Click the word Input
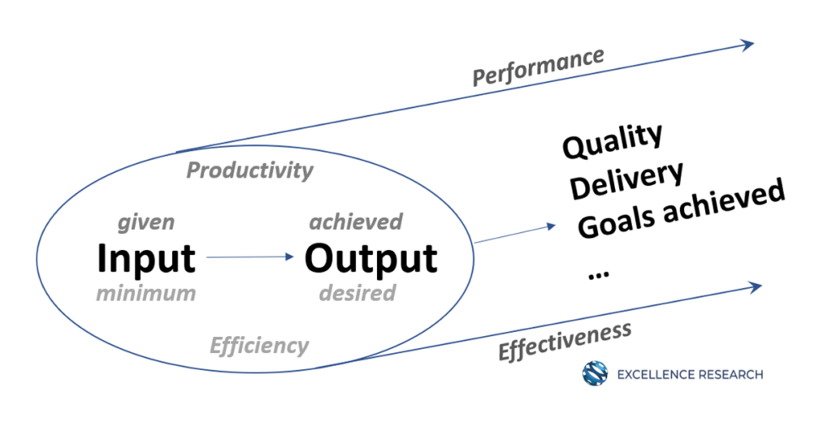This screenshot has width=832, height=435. pos(146,260)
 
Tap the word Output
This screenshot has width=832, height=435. pos(370,260)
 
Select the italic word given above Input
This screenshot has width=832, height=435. pos(146,222)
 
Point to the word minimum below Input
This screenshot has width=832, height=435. pos(146,293)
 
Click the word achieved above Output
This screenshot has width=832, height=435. pos(356,222)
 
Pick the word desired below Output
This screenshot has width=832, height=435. pos(357,292)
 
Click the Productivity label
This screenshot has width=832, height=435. pos(250,170)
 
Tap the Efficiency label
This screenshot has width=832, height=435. pos(259,346)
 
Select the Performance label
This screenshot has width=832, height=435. pos(538,67)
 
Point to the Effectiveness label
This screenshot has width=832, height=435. pos(565,342)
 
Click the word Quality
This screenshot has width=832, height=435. pos(613,140)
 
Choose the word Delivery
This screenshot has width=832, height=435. pos(626,180)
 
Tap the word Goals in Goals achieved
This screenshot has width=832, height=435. pos(617,221)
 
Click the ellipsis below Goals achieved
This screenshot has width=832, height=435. pos(599,274)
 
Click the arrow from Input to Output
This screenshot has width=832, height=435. pos(250,257)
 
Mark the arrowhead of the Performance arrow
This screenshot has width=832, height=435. pos(748,45)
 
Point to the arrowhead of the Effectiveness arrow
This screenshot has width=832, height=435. pos(755,286)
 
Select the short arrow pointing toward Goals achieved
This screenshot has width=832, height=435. pos(514,234)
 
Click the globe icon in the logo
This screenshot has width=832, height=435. pos(595,373)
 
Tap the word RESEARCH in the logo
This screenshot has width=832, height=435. pos(730,375)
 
